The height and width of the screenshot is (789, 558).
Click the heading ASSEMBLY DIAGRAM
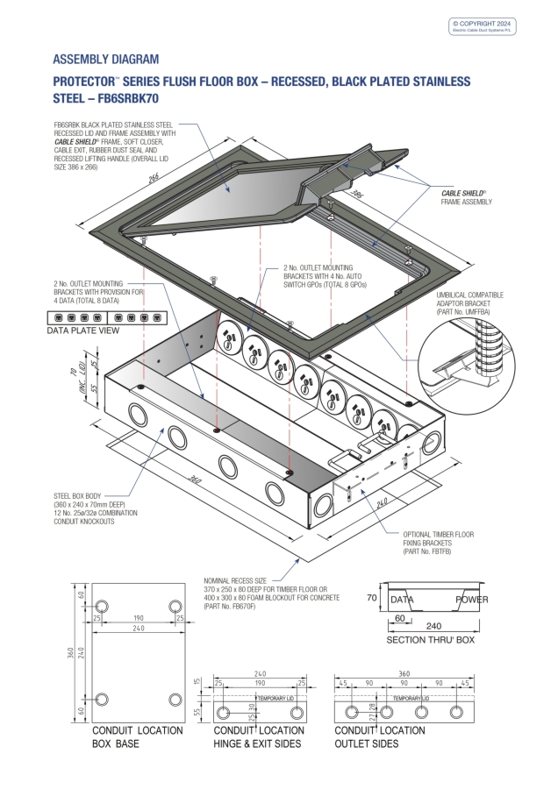[x=106, y=60]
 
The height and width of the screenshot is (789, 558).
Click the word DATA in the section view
[x=401, y=600]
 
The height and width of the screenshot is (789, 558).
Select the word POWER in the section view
[x=471, y=600]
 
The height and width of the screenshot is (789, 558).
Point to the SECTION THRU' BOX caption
[x=430, y=641]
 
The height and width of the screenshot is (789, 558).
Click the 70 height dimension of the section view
[x=370, y=599]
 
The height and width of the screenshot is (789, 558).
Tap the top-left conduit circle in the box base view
[x=102, y=607]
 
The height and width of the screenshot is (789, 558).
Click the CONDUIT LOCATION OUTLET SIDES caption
[x=380, y=736]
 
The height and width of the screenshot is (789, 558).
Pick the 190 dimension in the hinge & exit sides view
[x=261, y=681]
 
